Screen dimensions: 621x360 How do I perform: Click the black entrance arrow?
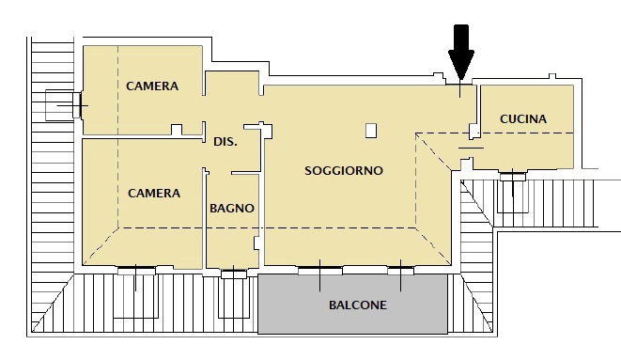461,52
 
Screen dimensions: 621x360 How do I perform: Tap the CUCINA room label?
523,118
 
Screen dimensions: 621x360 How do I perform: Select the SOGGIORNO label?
344,171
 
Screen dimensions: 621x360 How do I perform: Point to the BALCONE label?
358,305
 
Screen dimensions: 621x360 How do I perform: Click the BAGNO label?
232,209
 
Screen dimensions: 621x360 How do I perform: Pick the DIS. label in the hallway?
225,142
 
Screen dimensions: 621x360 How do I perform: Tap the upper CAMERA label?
152,86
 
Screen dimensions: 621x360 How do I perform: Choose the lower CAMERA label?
154,194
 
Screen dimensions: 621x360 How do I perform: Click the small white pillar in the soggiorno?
371,131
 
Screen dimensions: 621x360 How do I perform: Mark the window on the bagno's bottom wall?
234,274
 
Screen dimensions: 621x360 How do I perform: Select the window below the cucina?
512,176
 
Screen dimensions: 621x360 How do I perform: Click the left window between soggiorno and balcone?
320,271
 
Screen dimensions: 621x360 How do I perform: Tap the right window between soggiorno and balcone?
400,271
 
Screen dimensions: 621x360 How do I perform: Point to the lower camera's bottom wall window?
136,271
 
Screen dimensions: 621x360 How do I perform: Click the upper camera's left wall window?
77,105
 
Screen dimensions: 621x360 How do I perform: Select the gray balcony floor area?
352,305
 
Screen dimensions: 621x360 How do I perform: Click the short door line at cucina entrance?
471,148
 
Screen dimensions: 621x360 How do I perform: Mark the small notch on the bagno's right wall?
256,243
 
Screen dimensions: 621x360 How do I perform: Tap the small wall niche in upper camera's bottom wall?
177,130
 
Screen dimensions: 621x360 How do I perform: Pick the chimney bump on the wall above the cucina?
552,76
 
